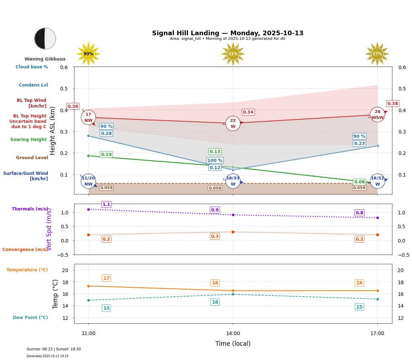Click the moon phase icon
45,38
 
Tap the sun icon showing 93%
88,54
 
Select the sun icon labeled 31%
233,54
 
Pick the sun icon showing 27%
377,54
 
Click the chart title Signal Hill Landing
228,33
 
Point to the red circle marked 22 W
233,123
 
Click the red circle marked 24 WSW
377,114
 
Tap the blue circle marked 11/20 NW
88,181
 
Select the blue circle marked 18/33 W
233,181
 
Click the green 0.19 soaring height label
106,155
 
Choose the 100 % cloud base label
215,161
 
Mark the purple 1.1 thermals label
106,204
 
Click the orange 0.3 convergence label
215,236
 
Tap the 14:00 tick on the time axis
233,333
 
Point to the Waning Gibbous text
45,59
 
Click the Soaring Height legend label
28,140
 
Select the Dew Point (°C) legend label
30,318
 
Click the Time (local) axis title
233,344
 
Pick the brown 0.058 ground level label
215,188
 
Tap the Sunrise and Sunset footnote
54,349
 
